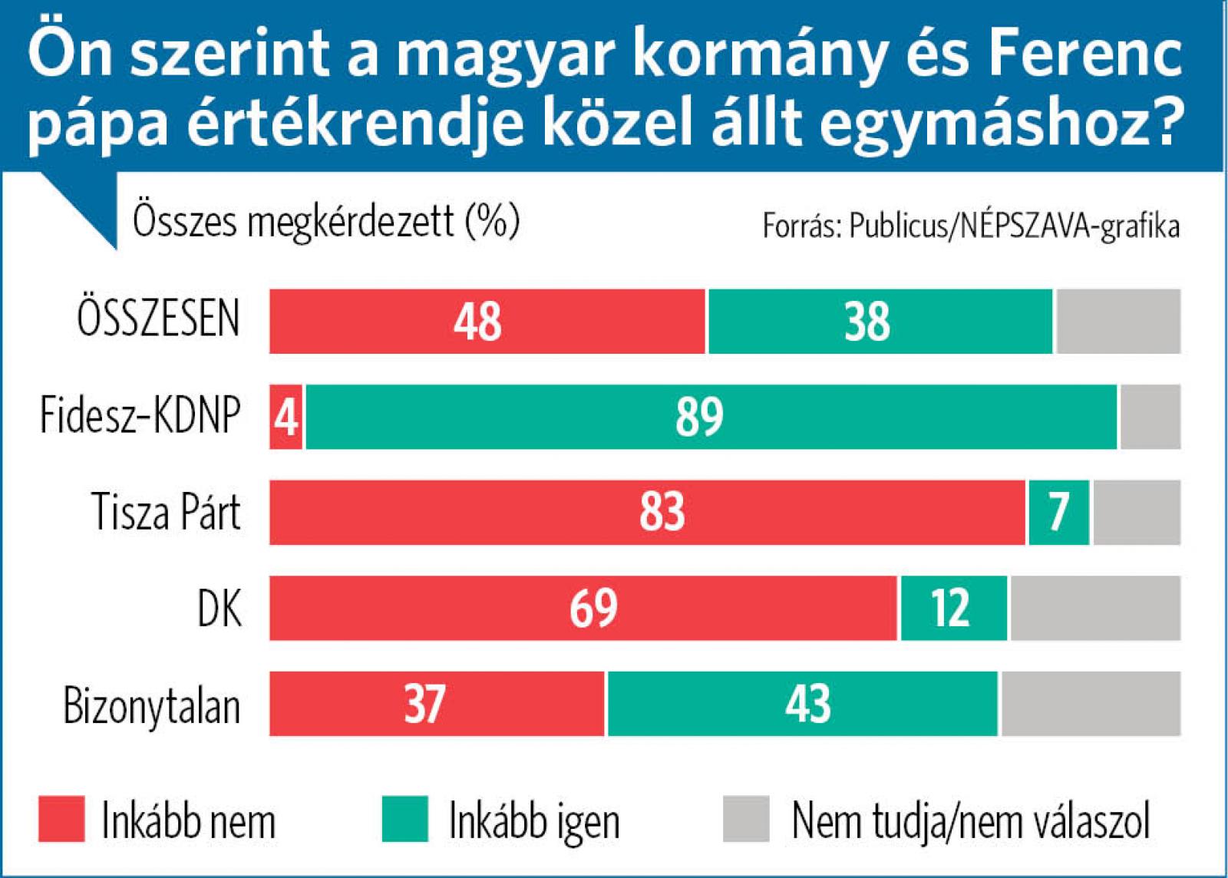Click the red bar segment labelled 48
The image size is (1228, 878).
click(x=487, y=321)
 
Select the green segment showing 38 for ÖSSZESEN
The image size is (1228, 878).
click(x=880, y=321)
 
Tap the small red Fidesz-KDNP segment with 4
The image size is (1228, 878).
click(x=286, y=417)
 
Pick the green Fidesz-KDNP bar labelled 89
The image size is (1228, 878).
click(x=711, y=417)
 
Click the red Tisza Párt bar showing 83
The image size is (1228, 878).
click(x=647, y=513)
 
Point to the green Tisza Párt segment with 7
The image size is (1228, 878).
click(x=1058, y=513)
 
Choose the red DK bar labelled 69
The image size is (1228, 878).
click(x=583, y=608)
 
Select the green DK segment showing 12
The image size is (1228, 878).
click(x=953, y=608)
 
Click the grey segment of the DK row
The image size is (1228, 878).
click(x=1095, y=608)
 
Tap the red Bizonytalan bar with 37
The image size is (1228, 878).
click(x=437, y=704)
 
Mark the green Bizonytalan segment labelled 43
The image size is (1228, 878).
click(x=802, y=704)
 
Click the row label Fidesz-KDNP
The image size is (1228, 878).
click(x=140, y=417)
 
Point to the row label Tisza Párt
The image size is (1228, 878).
click(x=166, y=512)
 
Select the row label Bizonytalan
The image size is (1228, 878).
click(x=152, y=705)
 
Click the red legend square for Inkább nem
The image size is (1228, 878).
click(x=61, y=819)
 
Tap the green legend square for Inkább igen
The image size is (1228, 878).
click(x=404, y=819)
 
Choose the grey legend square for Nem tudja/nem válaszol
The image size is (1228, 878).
click(x=746, y=819)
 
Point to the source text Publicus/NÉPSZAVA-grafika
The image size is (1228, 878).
click(x=1014, y=227)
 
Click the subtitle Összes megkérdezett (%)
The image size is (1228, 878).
click(x=326, y=221)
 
